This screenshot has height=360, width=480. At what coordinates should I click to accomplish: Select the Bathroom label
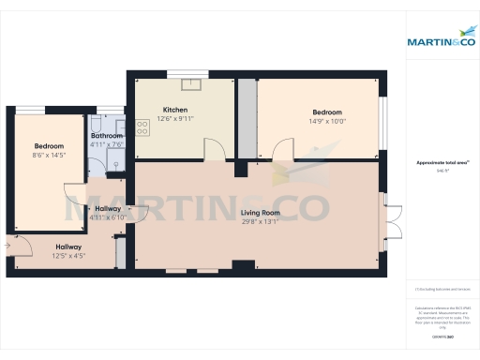pos(106,136)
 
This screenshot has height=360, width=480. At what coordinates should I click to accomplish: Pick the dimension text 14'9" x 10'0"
pos(328,120)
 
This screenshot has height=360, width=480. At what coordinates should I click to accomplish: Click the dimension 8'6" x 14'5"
pos(49,154)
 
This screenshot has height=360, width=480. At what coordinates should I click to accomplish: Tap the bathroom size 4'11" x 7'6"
pos(106,144)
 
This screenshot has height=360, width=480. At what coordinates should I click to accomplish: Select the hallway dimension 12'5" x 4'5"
pos(67,255)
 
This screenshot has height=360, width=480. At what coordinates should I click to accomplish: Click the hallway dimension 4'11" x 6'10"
pos(107,217)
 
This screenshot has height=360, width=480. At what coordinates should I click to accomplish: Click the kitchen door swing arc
pos(215,150)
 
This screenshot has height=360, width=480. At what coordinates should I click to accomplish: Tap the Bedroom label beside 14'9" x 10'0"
pos(329,112)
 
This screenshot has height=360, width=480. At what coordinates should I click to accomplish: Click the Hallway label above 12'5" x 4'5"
pos(67,247)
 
